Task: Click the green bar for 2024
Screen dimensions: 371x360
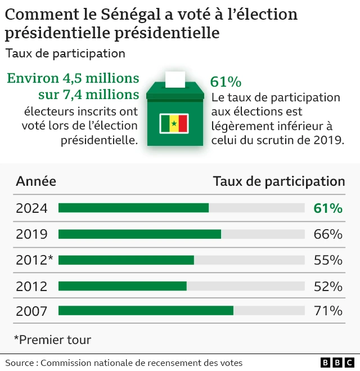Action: point(133,208)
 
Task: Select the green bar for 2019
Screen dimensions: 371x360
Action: point(139,234)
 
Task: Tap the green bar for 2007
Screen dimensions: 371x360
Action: point(146,311)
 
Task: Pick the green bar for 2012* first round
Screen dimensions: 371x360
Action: point(126,260)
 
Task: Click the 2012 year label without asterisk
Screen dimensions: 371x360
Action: point(31,286)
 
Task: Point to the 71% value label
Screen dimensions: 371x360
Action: point(328,311)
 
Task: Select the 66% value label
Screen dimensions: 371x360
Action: point(328,234)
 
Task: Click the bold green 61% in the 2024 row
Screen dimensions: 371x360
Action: point(328,208)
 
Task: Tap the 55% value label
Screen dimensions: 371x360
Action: point(328,260)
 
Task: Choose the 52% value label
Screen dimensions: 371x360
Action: point(328,286)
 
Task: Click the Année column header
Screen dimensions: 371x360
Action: point(36,181)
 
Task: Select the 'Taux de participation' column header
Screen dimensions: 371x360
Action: point(278,181)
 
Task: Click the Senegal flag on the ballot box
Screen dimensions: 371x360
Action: point(174,123)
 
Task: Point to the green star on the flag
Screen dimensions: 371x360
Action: point(174,123)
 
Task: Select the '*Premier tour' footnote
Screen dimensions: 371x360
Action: point(52,339)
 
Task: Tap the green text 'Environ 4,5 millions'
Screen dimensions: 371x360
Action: point(73,78)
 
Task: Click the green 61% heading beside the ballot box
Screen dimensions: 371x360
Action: point(225,82)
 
